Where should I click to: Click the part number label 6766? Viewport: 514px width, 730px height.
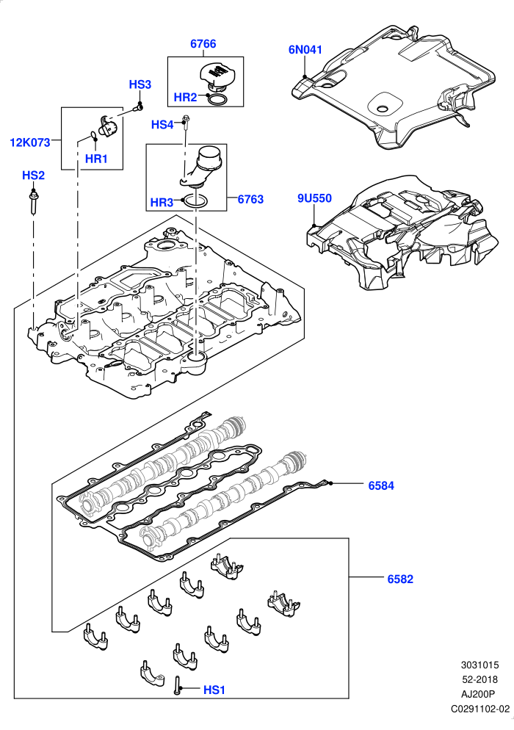coord(203,44)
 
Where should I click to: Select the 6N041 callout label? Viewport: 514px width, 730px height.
coord(305,49)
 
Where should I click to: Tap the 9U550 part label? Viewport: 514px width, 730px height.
coord(315,198)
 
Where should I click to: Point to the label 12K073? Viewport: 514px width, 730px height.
coord(30,142)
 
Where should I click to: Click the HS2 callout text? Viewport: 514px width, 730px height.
coord(34,176)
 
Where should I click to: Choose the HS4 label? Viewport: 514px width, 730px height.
coord(162,125)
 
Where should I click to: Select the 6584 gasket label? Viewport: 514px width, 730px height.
coord(381,486)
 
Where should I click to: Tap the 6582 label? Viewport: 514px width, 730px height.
coord(400,579)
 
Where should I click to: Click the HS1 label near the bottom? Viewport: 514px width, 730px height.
coord(214,690)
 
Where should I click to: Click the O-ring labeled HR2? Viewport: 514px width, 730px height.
coord(217,99)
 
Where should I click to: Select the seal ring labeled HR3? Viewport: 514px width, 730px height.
coord(195,200)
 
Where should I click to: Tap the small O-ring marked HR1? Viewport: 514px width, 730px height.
coord(93,136)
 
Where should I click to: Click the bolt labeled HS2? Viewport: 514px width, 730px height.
coord(34,201)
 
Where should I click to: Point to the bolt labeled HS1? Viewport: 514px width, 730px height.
coord(177,685)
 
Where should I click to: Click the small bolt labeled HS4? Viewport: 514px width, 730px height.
coord(187,120)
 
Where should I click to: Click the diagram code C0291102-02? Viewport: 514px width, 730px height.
coord(480,709)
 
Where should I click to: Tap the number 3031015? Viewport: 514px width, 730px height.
coord(479,666)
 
